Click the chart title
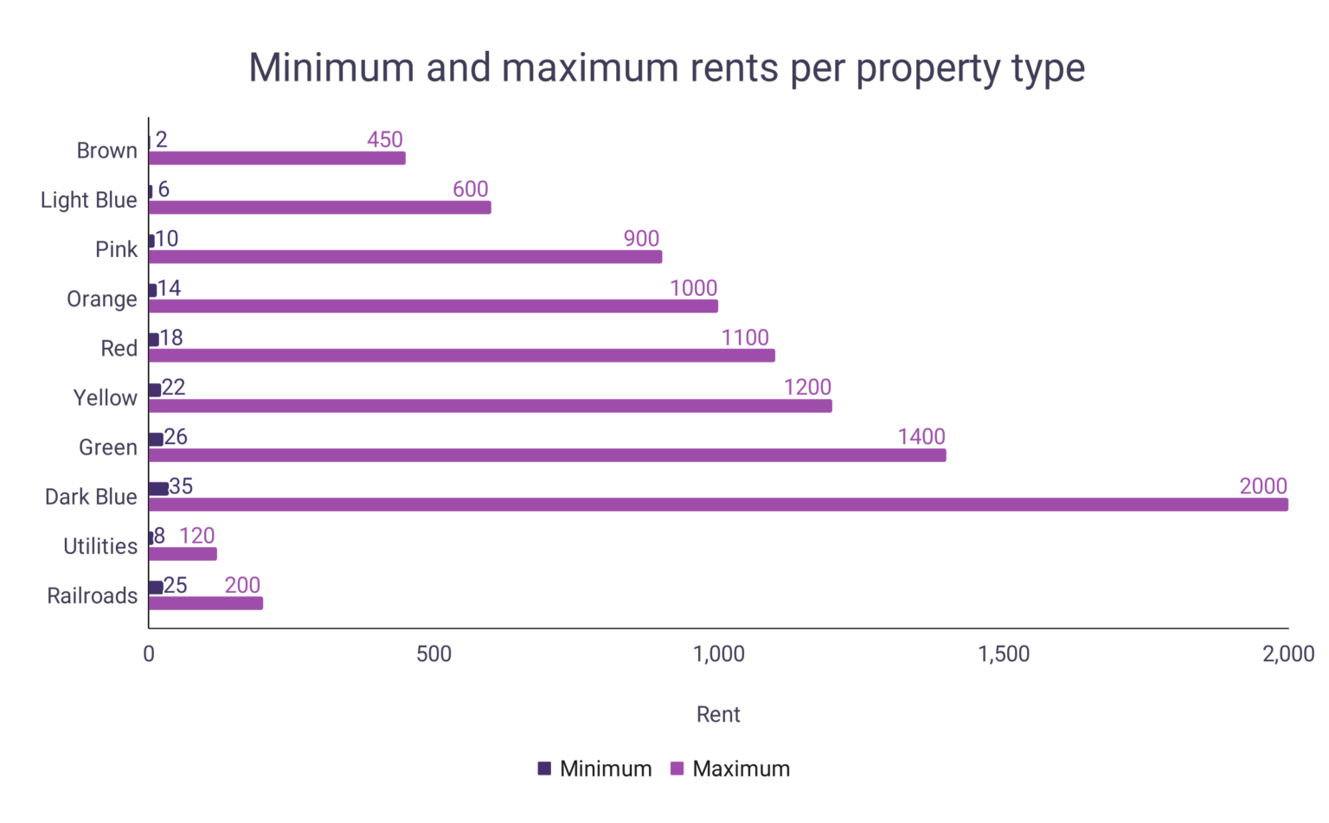tap(666, 68)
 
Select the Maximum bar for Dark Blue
tap(718, 505)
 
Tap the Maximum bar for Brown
tap(277, 158)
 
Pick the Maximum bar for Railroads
tap(206, 603)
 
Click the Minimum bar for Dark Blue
tap(158, 489)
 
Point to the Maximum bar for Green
tap(547, 455)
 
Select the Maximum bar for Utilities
tap(183, 554)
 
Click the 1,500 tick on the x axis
tap(1004, 654)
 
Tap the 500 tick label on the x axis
tap(433, 654)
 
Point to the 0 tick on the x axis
tap(149, 654)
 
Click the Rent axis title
tap(718, 714)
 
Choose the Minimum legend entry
tap(595, 768)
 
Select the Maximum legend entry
tap(731, 768)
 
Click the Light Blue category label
tap(89, 200)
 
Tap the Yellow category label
tap(106, 398)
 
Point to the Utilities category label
tap(100, 546)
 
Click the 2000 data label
tap(1263, 486)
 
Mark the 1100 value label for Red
tap(745, 338)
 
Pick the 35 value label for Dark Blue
tap(181, 486)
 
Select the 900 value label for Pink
tap(641, 239)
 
